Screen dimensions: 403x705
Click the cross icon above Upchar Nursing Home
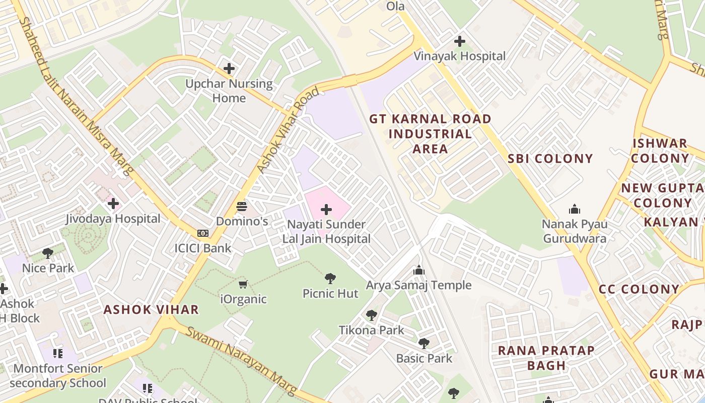pos(229,68)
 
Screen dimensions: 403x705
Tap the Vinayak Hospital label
pos(459,56)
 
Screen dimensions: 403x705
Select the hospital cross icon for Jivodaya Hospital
pos(113,204)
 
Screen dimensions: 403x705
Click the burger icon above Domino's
pos(242,206)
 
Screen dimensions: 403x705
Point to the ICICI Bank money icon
pos(203,233)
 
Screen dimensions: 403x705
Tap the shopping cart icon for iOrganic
pos(243,285)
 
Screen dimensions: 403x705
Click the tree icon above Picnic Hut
pos(330,278)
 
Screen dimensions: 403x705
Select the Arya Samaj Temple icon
pos(418,271)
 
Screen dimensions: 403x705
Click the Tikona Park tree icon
pos(372,315)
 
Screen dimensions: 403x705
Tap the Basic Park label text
pos(424,358)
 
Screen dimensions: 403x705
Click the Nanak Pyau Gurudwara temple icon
pos(574,209)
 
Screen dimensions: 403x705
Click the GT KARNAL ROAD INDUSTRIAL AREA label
pos(430,133)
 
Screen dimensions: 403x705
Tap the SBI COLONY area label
pos(550,159)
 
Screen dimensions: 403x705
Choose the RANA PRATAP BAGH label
pos(546,358)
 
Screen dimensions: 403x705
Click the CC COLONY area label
pos(639,289)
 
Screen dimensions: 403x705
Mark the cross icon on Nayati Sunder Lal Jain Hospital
pos(326,209)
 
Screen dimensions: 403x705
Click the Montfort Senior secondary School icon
pos(58,354)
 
